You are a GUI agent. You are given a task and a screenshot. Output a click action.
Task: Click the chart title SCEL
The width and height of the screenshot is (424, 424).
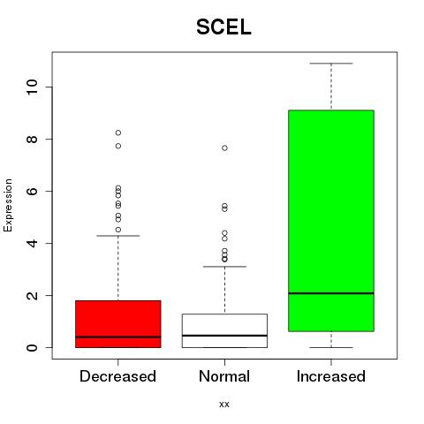coord(223,27)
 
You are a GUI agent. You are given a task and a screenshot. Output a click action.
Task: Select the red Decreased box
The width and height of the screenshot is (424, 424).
coord(118,324)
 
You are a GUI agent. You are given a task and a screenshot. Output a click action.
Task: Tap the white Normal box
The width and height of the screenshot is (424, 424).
coord(224,330)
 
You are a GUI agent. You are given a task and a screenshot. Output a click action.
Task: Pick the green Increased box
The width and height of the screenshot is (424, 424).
coord(331,221)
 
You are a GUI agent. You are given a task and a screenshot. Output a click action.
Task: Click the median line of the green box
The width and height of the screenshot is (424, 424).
coord(331,293)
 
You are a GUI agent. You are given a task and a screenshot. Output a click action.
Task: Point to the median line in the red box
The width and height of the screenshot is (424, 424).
coord(118,337)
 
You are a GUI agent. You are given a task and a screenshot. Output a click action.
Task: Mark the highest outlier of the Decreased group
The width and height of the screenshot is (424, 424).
coord(118,132)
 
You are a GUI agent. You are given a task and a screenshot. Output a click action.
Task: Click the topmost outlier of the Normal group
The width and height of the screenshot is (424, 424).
coord(224,148)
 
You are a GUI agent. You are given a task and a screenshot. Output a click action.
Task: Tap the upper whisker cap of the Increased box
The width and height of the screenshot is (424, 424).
coord(331,64)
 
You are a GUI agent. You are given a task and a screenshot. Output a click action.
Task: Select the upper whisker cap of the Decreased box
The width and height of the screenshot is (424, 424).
coord(118,236)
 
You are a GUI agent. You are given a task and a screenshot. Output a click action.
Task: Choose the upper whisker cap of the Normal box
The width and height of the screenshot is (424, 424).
coord(224,267)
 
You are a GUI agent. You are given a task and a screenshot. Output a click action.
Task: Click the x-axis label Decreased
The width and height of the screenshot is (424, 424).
coord(117,376)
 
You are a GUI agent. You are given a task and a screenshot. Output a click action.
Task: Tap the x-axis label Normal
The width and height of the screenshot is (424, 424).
coord(224,376)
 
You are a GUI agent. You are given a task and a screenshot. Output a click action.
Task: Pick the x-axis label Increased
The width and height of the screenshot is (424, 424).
coord(331,376)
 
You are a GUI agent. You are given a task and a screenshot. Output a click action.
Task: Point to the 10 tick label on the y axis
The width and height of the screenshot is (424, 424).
coord(32,87)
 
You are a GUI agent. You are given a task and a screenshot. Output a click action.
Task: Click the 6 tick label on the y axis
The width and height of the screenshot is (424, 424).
coord(32,191)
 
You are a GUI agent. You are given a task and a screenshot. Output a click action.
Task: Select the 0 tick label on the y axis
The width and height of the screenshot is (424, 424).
coord(32,347)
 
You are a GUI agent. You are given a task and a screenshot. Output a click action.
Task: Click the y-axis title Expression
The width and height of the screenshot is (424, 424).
coord(8,205)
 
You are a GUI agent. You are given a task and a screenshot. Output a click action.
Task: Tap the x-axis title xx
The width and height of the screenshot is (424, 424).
coord(224,405)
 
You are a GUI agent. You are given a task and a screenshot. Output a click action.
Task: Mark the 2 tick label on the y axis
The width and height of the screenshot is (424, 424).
coord(32,295)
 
